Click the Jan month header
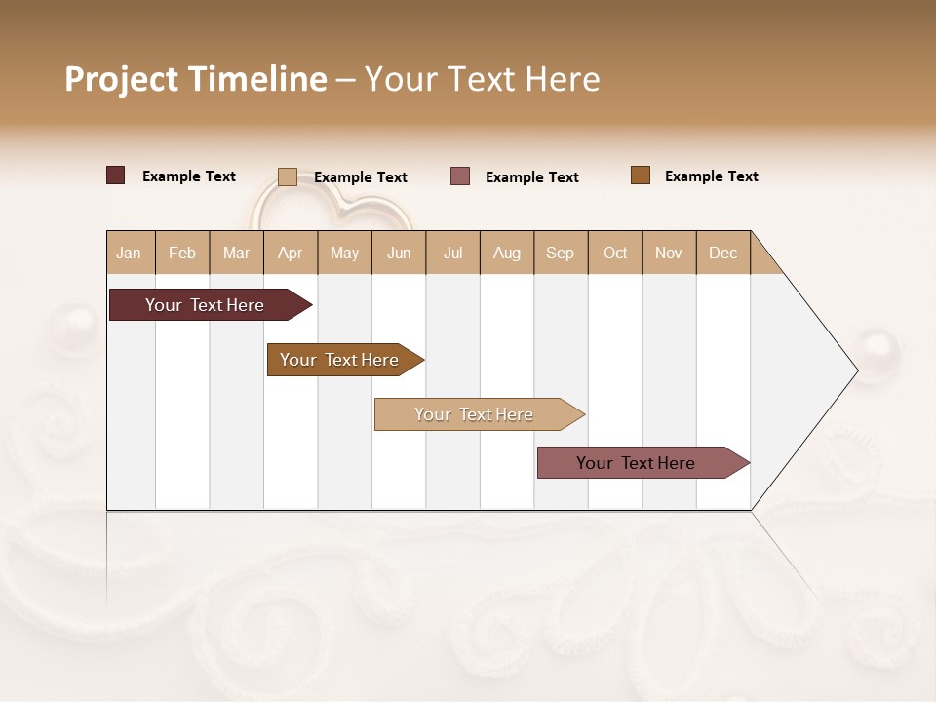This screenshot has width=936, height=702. [129, 253]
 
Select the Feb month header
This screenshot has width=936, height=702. [182, 253]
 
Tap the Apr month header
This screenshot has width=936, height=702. [290, 253]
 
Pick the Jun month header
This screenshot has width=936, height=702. [399, 253]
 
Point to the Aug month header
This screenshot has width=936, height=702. [506, 253]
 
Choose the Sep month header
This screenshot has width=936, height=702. [560, 253]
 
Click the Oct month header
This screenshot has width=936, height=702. [615, 253]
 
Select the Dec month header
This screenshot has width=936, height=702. [722, 253]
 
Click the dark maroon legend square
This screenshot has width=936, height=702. [116, 175]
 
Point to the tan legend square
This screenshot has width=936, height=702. [288, 176]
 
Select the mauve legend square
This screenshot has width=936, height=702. [460, 176]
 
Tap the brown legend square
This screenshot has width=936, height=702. [641, 175]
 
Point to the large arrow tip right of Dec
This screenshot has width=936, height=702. [829, 370]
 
